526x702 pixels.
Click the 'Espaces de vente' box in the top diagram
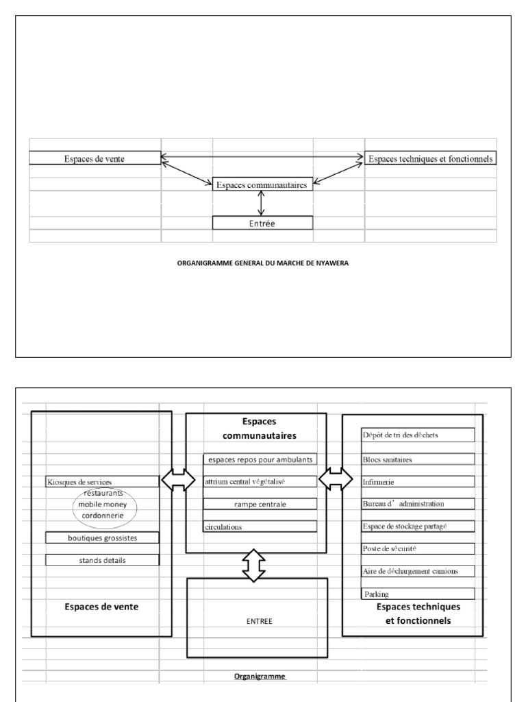tap(95, 158)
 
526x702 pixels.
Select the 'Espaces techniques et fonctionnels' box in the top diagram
tap(429, 158)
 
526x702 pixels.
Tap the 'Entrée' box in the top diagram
tap(262, 223)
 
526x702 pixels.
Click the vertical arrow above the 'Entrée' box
tap(260, 203)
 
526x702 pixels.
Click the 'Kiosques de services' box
tap(102, 482)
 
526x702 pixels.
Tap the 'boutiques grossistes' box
tap(102, 538)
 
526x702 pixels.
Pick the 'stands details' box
tap(102, 560)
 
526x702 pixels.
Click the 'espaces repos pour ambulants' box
tap(260, 459)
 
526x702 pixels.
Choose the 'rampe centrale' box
tap(260, 504)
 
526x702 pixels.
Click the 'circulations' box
tap(260, 526)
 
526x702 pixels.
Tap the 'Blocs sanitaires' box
tap(417, 459)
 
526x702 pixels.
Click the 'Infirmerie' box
tap(417, 482)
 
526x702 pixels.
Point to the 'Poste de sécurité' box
tap(417, 549)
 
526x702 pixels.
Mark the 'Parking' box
tap(417, 594)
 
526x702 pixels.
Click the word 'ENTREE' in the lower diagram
tap(260, 621)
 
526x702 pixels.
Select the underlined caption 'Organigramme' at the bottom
tap(260, 676)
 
